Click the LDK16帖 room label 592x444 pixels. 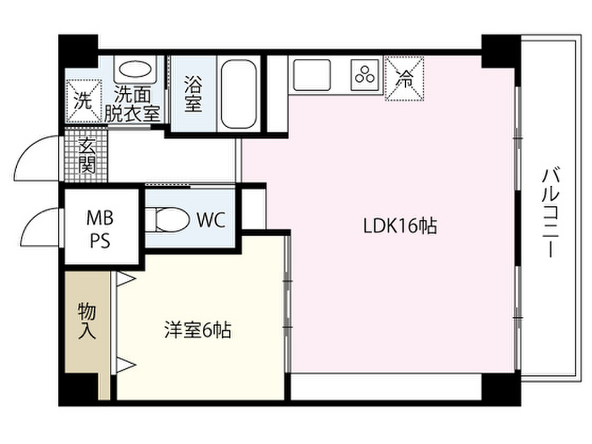click(x=400, y=226)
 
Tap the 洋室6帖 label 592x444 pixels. click(x=198, y=330)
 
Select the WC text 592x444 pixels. click(x=211, y=220)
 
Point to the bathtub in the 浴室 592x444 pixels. click(x=239, y=94)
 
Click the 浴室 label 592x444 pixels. click(x=193, y=94)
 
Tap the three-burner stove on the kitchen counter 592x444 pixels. click(x=365, y=75)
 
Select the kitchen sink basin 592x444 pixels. click(x=312, y=75)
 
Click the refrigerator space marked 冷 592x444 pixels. click(x=404, y=79)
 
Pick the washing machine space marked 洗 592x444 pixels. click(x=84, y=101)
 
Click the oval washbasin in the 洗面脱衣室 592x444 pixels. click(x=135, y=69)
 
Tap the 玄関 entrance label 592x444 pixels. click(x=87, y=155)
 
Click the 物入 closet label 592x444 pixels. click(x=87, y=321)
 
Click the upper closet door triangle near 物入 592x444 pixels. click(x=125, y=279)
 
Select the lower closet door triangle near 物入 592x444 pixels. click(x=125, y=365)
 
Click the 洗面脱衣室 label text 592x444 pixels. click(x=132, y=104)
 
